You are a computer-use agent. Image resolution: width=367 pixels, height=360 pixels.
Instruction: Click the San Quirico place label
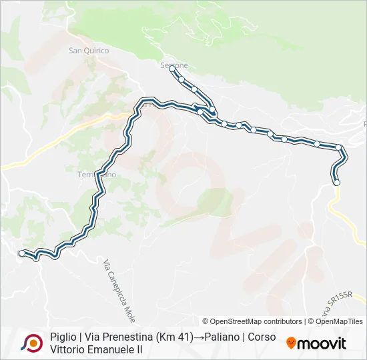click(88, 50)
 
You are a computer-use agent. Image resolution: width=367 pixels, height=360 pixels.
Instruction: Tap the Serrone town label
click(174, 65)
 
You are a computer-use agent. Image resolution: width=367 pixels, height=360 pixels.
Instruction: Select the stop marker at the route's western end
click(22, 253)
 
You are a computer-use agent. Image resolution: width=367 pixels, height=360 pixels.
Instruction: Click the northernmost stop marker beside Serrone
click(172, 69)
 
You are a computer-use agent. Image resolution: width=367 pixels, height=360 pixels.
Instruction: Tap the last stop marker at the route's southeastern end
click(336, 182)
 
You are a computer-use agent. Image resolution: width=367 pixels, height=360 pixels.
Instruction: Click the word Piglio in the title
click(63, 337)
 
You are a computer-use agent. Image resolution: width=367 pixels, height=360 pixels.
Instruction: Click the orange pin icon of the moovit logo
click(291, 343)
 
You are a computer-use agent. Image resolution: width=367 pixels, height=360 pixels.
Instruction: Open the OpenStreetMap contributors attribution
click(252, 321)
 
